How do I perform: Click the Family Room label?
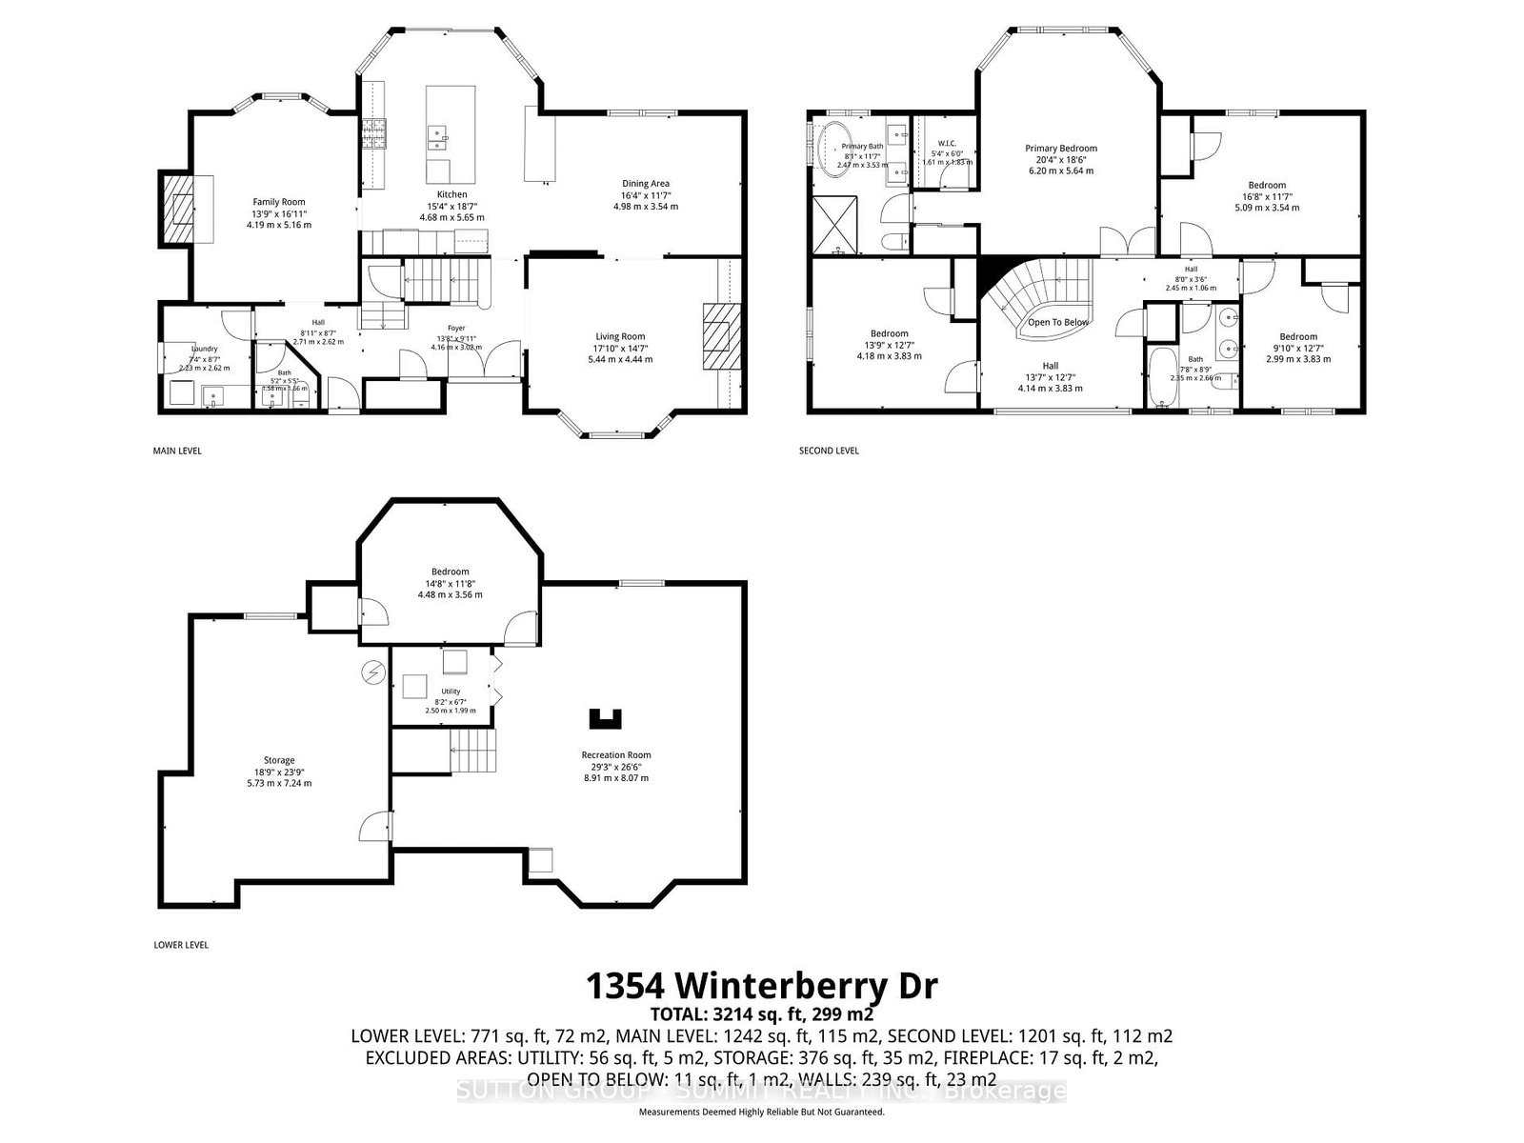point(278,202)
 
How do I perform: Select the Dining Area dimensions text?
point(646,201)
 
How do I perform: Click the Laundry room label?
point(204,350)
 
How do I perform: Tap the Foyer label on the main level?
point(456,328)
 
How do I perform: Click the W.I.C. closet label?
point(947,143)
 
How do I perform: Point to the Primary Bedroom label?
point(1061,149)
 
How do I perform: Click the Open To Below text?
point(1057,322)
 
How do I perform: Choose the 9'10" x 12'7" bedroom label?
point(1298,336)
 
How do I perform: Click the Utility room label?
point(451,692)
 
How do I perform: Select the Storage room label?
point(279,760)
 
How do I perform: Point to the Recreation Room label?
point(616,755)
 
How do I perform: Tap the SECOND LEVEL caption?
point(829,451)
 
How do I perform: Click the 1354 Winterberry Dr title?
point(761,985)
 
